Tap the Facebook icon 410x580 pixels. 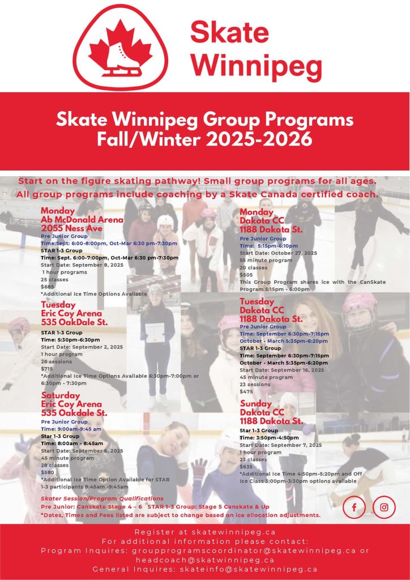click(355, 507)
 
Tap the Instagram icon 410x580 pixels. click(384, 507)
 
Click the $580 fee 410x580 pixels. click(48, 472)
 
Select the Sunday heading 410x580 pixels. click(255, 404)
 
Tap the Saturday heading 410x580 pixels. click(60, 395)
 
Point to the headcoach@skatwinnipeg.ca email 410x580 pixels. click(205, 560)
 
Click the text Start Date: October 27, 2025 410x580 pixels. click(278, 253)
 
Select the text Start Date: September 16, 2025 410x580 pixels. click(282, 370)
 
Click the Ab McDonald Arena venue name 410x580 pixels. click(82, 219)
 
